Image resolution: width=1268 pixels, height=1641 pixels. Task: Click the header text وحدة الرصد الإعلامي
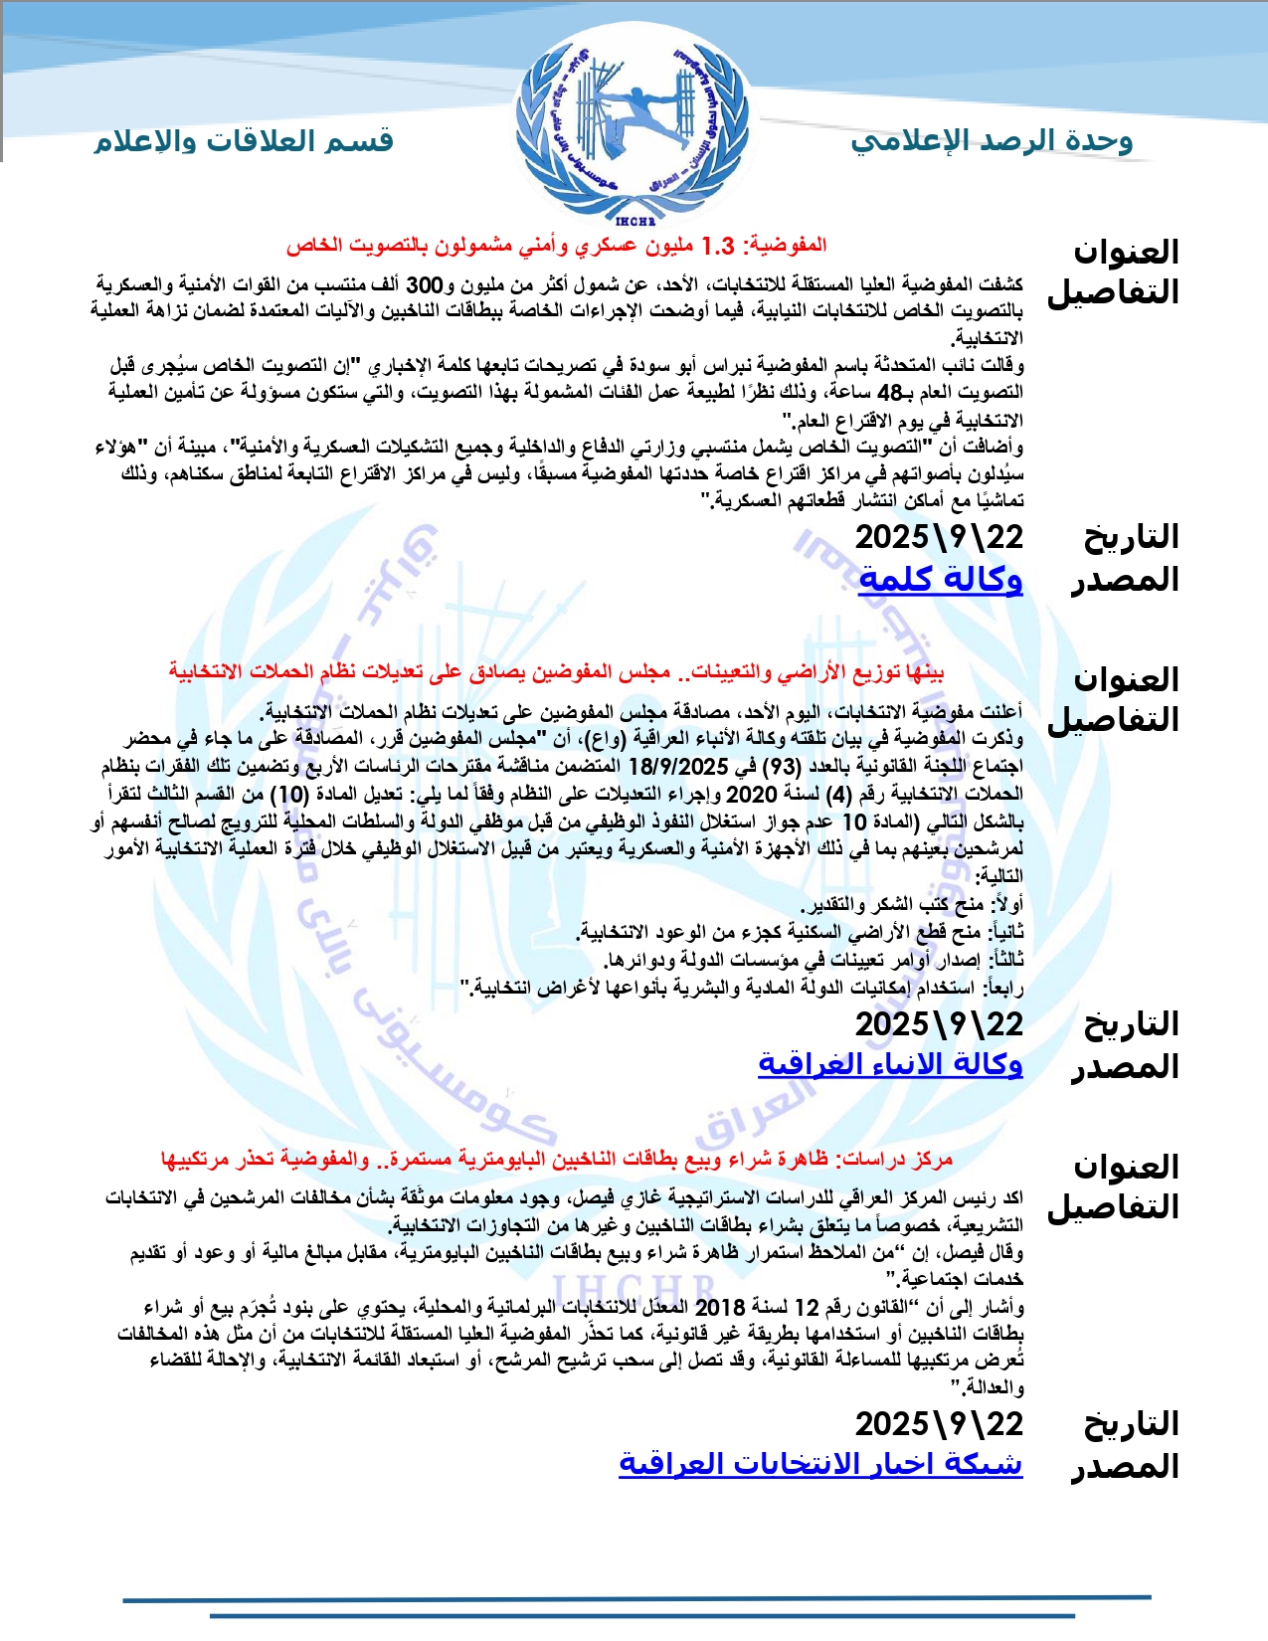click(x=992, y=141)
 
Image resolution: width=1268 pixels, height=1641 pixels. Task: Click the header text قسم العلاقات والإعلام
click(x=244, y=141)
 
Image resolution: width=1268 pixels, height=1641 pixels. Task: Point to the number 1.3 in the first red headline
click(x=717, y=245)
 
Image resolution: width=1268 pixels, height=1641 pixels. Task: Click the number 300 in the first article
click(x=424, y=285)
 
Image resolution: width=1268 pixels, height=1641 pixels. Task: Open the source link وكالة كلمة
click(x=940, y=579)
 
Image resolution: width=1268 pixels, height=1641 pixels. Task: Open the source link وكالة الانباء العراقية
click(x=890, y=1065)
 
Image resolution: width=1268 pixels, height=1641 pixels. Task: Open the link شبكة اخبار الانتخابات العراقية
click(x=820, y=1465)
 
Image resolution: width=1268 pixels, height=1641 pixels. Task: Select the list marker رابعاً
click(x=1002, y=988)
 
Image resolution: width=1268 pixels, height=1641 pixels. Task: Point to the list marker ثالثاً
click(x=1005, y=961)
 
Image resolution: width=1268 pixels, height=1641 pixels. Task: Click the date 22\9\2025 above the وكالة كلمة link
click(x=939, y=538)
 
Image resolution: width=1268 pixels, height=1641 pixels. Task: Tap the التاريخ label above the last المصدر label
click(x=1130, y=1425)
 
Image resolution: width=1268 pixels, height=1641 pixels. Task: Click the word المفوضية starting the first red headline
click(x=785, y=245)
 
